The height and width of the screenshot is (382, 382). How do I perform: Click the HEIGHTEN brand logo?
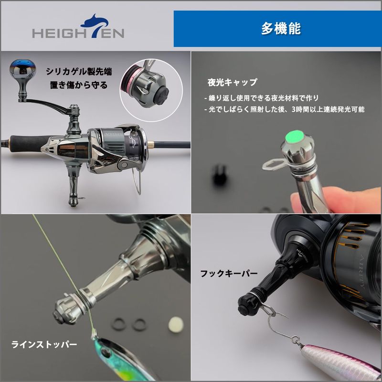coord(78,26)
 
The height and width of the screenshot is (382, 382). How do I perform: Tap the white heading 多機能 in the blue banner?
coord(281,29)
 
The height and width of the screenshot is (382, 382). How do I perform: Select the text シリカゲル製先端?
coord(79,72)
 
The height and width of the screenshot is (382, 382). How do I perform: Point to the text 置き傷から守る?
coord(79,85)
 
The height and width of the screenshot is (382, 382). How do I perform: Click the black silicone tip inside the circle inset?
coord(160,96)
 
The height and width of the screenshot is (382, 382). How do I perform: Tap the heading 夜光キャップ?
coord(232,82)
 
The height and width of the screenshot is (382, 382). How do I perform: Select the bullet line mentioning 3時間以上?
coord(284,109)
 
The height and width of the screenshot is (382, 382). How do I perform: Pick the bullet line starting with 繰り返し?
coord(261,98)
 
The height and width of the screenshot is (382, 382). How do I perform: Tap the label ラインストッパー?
coord(44,344)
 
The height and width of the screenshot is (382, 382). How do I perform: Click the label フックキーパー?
coord(229,274)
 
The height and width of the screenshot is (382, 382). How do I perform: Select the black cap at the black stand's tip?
coord(245,305)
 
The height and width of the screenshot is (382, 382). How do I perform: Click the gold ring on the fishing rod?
coord(151,145)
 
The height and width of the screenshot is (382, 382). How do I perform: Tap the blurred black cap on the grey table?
coord(219,175)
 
